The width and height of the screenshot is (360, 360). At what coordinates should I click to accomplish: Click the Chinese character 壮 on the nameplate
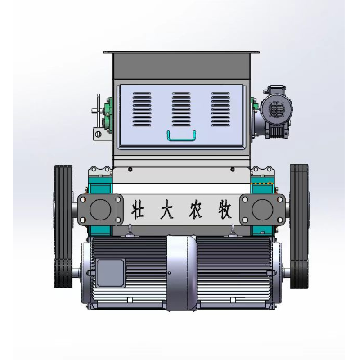click(x=138, y=209)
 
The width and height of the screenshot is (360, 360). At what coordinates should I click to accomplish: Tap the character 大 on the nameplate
click(x=166, y=209)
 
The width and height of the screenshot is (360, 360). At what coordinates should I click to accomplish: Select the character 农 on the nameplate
click(x=196, y=209)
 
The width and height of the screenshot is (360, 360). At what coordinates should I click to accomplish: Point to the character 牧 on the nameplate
click(x=225, y=209)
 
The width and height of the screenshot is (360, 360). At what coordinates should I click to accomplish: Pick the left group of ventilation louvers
click(x=142, y=109)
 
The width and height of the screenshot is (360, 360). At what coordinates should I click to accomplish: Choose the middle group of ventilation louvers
click(x=181, y=109)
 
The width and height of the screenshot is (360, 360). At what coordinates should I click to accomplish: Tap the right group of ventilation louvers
click(x=220, y=109)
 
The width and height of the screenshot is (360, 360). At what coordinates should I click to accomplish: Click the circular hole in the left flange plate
click(x=100, y=209)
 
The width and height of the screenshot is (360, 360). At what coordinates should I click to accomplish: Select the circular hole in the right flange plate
click(x=262, y=210)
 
